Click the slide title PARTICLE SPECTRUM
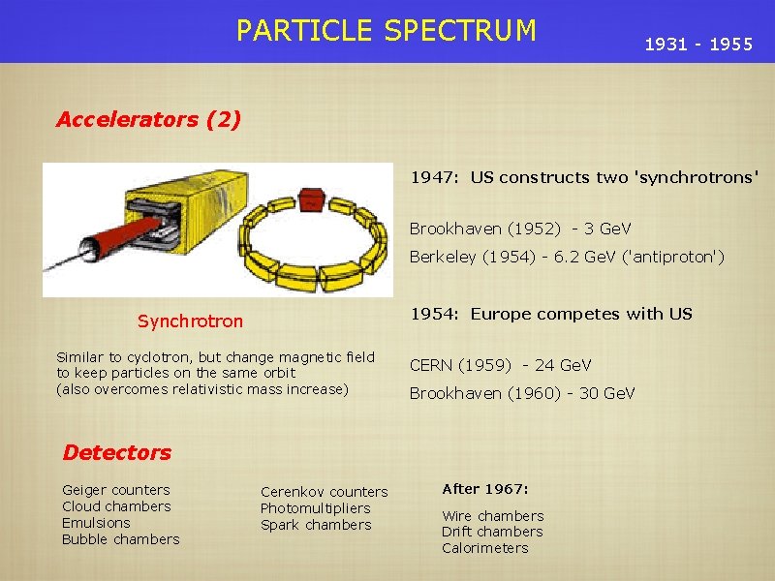386,31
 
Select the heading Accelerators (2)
148,120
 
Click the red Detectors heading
116,452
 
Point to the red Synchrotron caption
190,321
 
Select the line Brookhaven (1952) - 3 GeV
519,229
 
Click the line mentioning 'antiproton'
567,257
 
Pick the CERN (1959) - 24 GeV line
500,365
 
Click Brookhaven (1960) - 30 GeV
522,393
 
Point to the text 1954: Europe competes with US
551,314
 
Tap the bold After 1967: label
484,488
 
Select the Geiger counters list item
115,490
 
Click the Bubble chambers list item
120,539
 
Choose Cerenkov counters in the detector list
324,492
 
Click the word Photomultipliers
315,508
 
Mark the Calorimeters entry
484,548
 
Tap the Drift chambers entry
492,532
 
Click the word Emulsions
96,523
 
